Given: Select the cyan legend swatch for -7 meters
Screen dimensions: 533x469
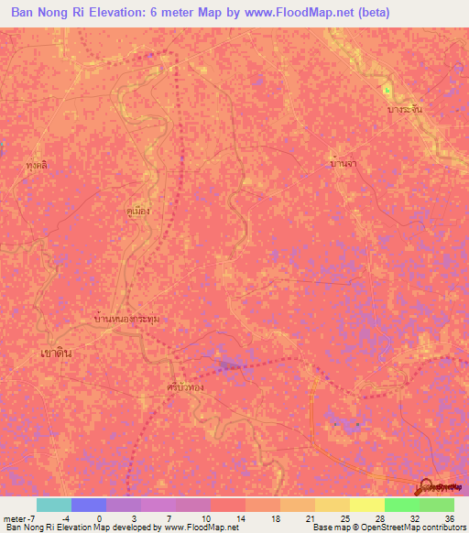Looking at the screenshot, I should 54,505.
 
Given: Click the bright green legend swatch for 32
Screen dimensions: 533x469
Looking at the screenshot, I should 402,505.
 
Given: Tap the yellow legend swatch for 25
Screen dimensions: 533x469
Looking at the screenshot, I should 333,505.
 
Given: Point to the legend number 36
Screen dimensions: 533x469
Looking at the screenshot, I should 449,518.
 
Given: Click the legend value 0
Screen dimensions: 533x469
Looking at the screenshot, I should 99,518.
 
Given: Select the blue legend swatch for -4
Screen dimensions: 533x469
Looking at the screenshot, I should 89,505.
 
